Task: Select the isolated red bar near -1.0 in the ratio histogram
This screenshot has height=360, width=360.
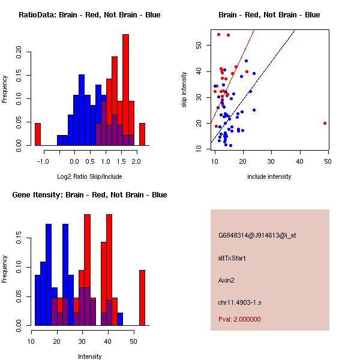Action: coord(37,134)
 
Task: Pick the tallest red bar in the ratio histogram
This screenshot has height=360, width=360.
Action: coord(125,89)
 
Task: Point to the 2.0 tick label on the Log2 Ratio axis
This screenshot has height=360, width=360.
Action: coord(136,161)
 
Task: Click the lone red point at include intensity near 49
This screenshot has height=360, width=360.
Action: coord(325,123)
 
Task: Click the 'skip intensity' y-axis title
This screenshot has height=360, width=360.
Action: coord(185,95)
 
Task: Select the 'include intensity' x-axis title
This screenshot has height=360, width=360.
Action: coord(269,176)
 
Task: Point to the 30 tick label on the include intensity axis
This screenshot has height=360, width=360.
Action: coord(271,161)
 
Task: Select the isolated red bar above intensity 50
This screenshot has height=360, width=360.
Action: coord(142,297)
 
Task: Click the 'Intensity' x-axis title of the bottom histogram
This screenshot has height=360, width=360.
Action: coord(90,356)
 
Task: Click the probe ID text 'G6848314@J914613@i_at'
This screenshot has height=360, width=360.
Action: coord(257,235)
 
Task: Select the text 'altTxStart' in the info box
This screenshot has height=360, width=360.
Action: coord(232,258)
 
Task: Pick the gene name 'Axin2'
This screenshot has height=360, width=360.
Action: coord(227,280)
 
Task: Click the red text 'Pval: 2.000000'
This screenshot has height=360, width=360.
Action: coord(239,319)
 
